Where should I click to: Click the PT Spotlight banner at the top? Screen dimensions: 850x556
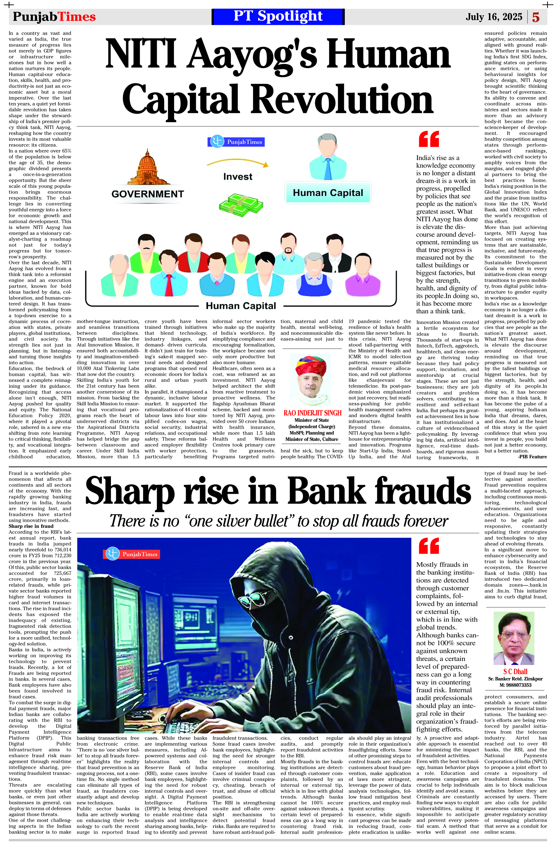tap(278, 16)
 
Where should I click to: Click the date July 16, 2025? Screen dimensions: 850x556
tap(494, 17)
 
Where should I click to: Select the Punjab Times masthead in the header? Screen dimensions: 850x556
tap(54, 17)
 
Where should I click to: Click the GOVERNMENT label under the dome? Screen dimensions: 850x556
tap(148, 194)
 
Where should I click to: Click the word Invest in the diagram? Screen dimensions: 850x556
tap(238, 176)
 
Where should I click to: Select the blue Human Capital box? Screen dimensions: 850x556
tap(328, 193)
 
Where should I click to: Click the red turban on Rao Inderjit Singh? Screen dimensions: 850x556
tap(311, 365)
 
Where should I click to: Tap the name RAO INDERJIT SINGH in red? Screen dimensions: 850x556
tap(312, 413)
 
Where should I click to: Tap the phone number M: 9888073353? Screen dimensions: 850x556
tap(515, 685)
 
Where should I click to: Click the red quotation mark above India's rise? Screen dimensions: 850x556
tap(429, 139)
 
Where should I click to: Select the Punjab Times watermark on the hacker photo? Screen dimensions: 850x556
tap(131, 554)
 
